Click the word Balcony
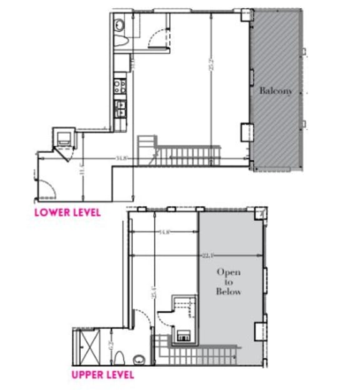[x=276, y=91]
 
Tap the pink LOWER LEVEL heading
[x=67, y=212]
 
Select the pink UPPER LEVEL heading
[x=102, y=375]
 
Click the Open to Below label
[x=229, y=282]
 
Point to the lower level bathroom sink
[x=119, y=26]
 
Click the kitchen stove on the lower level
[x=121, y=86]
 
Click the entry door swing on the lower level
[x=46, y=182]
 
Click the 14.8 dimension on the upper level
[x=164, y=232]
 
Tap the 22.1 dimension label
[x=207, y=255]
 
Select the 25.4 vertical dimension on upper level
[x=154, y=291]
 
